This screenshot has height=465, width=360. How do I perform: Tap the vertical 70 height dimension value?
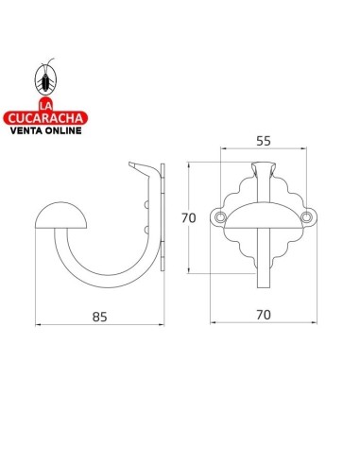coord(188,216)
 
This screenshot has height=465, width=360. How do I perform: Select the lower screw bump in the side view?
coord(147,228)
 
